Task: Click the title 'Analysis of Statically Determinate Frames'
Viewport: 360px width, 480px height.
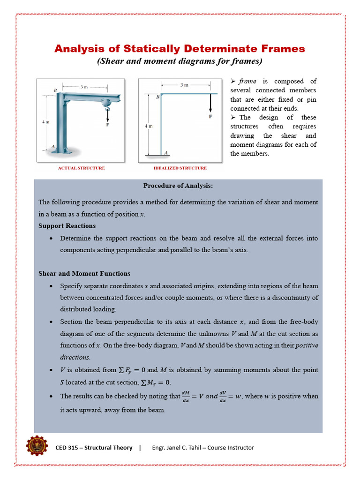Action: coord(180,49)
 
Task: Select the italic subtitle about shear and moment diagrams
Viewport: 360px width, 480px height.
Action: coord(180,61)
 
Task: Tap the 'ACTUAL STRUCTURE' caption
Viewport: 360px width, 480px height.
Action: coord(81,168)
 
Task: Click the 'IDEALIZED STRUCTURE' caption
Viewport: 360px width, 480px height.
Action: coord(180,168)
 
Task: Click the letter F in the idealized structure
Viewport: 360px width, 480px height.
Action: coord(210,117)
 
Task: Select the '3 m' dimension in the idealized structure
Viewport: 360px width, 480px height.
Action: coord(185,85)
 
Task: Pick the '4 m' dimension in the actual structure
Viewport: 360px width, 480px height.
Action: coord(46,122)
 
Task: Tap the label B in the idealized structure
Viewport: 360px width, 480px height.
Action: coord(157,97)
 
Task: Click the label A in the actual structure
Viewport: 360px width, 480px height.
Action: coord(53,146)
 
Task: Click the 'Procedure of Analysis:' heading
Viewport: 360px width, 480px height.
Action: coord(178,186)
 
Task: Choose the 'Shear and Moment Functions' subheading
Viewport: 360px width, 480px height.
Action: coord(84,273)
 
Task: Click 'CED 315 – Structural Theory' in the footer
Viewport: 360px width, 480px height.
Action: coord(94,448)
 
